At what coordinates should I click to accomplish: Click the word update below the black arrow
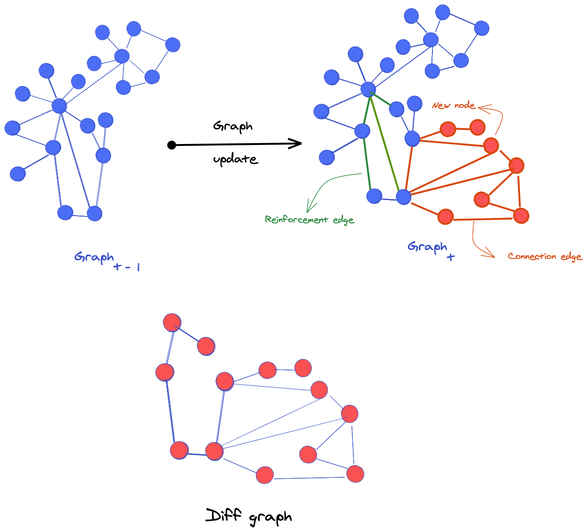[235, 159]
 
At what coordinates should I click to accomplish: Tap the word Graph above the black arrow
[233, 126]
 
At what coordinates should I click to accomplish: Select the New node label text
[454, 105]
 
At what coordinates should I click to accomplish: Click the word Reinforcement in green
[296, 219]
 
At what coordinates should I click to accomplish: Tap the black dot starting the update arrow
[171, 145]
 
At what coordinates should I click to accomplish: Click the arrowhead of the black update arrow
[297, 144]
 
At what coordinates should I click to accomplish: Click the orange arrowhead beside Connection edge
[490, 255]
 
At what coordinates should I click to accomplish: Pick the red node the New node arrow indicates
[491, 145]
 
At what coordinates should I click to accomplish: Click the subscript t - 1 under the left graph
[127, 267]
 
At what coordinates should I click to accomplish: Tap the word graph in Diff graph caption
[270, 518]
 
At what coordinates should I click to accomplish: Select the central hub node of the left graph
[59, 105]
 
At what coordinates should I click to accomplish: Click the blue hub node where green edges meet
[368, 89]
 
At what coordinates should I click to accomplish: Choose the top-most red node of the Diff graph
[172, 322]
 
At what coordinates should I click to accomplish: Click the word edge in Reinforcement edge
[343, 220]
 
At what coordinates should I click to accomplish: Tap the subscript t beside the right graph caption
[451, 257]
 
